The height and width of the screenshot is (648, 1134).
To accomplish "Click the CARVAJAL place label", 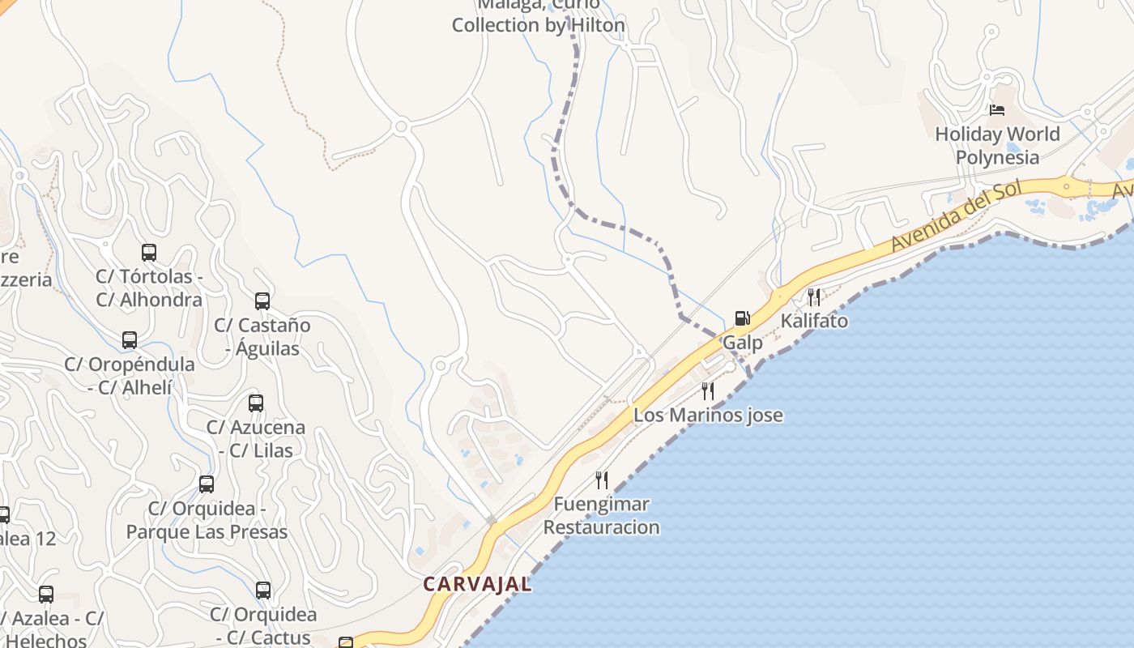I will pyautogui.click(x=478, y=584).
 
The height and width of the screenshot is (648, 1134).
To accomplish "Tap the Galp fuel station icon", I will pyautogui.click(x=742, y=318).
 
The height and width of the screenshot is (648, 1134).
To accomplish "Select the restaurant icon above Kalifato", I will pyautogui.click(x=814, y=297).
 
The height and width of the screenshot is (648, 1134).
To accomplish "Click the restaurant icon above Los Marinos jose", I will pyautogui.click(x=708, y=391).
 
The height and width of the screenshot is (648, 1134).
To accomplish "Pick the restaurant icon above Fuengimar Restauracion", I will pyautogui.click(x=601, y=480).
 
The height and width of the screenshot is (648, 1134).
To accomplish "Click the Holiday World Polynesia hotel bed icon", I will pyautogui.click(x=997, y=110).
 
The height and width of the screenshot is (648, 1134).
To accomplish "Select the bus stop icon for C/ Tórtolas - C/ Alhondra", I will pyautogui.click(x=149, y=253).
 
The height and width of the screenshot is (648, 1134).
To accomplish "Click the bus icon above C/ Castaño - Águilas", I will pyautogui.click(x=262, y=301).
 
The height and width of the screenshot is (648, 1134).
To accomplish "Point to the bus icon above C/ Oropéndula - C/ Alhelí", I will pyautogui.click(x=130, y=340).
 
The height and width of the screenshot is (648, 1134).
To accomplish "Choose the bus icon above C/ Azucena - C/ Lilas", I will pyautogui.click(x=256, y=403).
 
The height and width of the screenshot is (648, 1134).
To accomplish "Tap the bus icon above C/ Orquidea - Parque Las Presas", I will pyautogui.click(x=207, y=484).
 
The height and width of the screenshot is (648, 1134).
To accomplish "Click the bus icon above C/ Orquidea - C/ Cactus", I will pyautogui.click(x=263, y=590).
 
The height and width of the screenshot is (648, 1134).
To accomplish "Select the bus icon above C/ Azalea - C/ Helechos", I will pyautogui.click(x=46, y=595).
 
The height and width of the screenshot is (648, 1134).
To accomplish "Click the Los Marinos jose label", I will pyautogui.click(x=708, y=416).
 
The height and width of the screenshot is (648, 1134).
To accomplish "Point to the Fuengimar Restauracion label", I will pyautogui.click(x=601, y=516).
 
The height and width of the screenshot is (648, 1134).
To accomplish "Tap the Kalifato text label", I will pyautogui.click(x=814, y=321).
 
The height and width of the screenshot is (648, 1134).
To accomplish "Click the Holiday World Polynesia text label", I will pyautogui.click(x=997, y=145).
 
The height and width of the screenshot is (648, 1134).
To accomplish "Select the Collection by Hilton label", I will pyautogui.click(x=539, y=25).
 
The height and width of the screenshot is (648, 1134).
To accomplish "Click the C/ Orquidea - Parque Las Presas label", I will pyautogui.click(x=207, y=520).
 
